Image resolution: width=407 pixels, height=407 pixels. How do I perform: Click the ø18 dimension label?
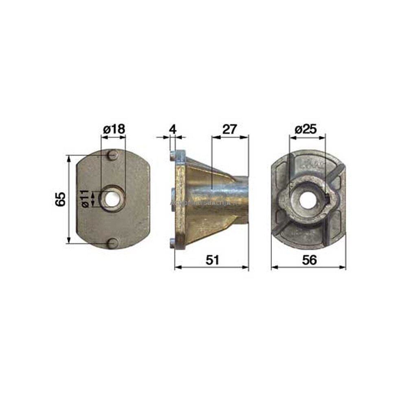pyautogui.click(x=113, y=129)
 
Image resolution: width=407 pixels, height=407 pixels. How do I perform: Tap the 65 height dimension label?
pyautogui.click(x=60, y=199)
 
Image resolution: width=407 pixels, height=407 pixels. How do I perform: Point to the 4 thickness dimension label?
pyautogui.click(x=172, y=129)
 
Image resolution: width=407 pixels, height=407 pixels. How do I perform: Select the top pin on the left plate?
pyautogui.click(x=113, y=155)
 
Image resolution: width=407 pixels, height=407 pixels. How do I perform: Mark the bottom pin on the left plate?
pyautogui.click(x=113, y=243)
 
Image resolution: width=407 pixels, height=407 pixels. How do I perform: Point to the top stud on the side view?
pyautogui.click(x=172, y=155)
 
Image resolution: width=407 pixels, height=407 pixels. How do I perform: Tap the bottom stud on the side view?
pyautogui.click(x=172, y=243)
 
